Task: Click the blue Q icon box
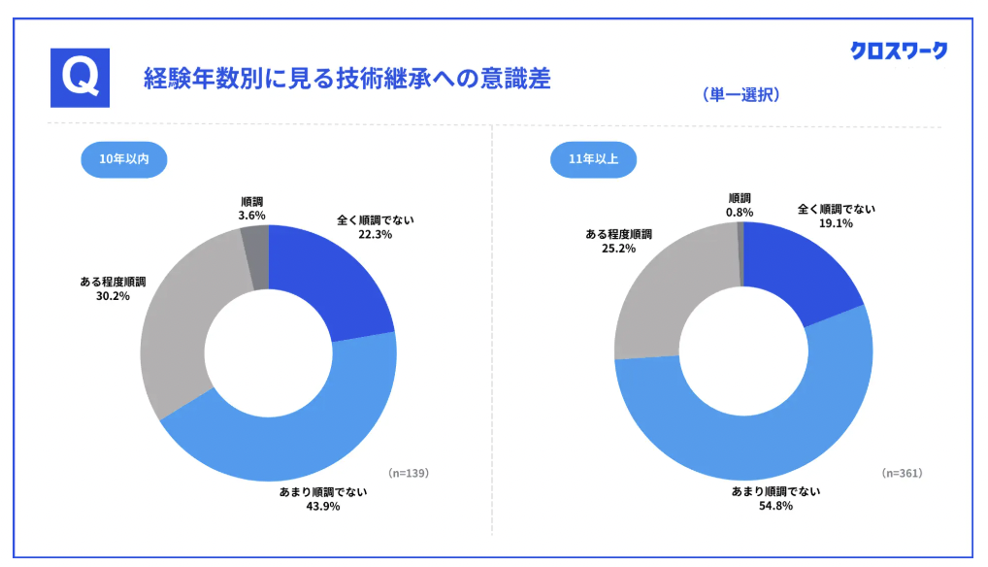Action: pyautogui.click(x=80, y=78)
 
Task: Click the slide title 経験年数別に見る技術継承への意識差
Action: pyautogui.click(x=346, y=79)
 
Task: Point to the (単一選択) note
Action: pyautogui.click(x=741, y=95)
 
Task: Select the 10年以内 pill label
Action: pyautogui.click(x=123, y=158)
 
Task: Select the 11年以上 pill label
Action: pyautogui.click(x=593, y=158)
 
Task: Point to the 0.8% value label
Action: pyautogui.click(x=740, y=211)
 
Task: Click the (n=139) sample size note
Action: pyautogui.click(x=408, y=473)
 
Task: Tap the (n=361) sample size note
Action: pyautogui.click(x=902, y=473)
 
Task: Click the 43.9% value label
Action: pyautogui.click(x=322, y=506)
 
